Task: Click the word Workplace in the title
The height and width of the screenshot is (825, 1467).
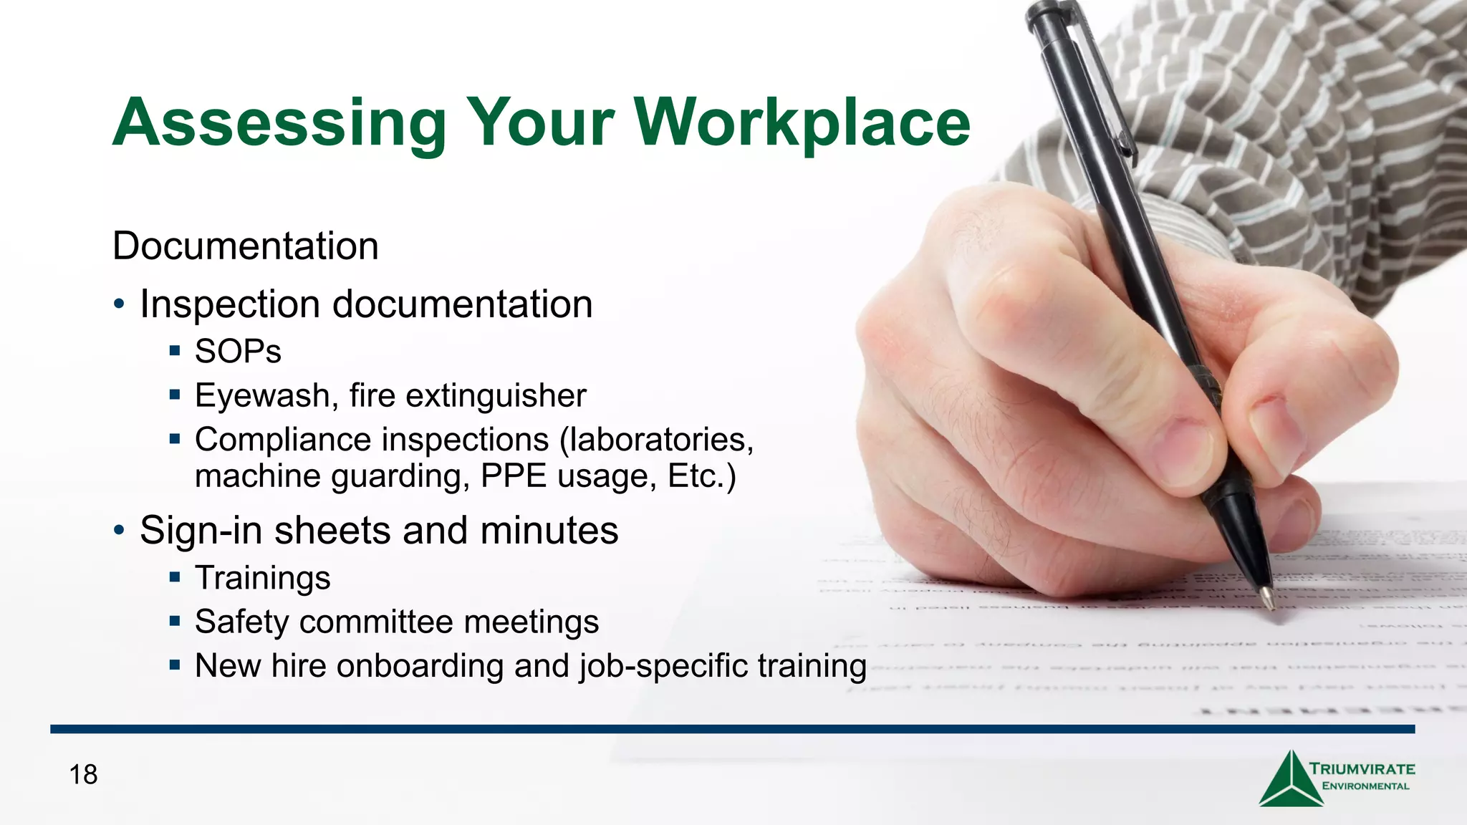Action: [x=802, y=123]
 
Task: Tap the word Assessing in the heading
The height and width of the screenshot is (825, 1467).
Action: [x=279, y=123]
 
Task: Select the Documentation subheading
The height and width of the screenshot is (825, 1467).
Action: [x=246, y=246]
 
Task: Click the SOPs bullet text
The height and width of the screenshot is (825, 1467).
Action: [x=238, y=352]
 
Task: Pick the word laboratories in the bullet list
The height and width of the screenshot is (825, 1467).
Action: [x=659, y=440]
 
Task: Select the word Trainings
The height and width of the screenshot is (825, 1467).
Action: [x=262, y=579]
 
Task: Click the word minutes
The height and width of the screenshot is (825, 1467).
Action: [x=549, y=531]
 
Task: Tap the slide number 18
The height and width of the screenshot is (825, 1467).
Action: [x=83, y=775]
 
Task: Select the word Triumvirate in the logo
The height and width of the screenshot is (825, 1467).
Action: [x=1362, y=769]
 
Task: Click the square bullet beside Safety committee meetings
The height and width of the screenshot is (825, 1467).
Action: [x=175, y=621]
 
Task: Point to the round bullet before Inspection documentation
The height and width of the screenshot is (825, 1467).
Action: [x=119, y=305]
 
